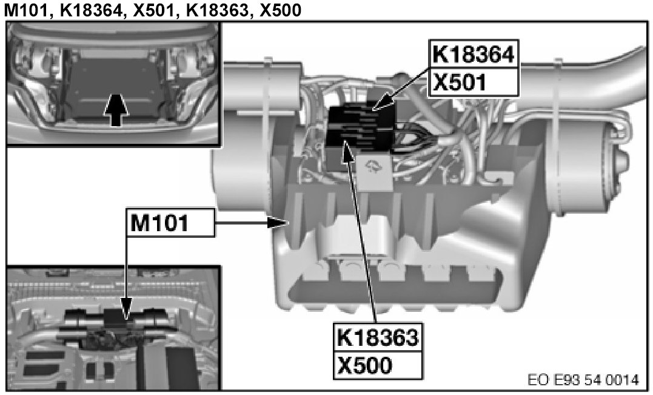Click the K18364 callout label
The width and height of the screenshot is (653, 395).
pyautogui.click(x=474, y=55)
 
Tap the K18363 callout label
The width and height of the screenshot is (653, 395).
pyautogui.click(x=378, y=337)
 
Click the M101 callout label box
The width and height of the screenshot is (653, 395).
pyautogui.click(x=171, y=223)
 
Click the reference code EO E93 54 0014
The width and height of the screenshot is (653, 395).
pyautogui.click(x=583, y=380)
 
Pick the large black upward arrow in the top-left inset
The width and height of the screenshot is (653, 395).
pyautogui.click(x=116, y=110)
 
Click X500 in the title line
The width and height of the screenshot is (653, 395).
pyautogui.click(x=280, y=10)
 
